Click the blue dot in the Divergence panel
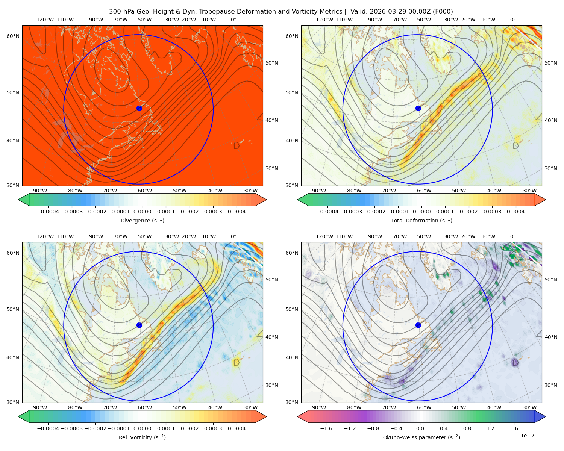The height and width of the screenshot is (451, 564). [x=139, y=108]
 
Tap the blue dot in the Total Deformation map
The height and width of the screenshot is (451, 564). [x=418, y=108]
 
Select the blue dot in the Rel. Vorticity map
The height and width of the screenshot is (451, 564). [x=139, y=325]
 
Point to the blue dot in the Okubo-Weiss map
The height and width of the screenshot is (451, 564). [x=418, y=325]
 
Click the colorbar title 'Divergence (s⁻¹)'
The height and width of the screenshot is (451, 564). [x=142, y=220]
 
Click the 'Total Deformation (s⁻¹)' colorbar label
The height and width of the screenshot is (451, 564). [x=421, y=220]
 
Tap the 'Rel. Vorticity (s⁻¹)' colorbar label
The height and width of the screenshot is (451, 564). [x=142, y=437]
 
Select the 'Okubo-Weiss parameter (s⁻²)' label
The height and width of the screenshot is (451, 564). [x=421, y=437]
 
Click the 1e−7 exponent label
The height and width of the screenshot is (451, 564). [x=527, y=436]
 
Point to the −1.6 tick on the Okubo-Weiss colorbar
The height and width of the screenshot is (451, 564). [x=326, y=428]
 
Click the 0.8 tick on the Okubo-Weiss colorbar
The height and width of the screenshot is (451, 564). [x=467, y=428]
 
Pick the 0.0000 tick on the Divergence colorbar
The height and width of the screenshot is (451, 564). [x=142, y=212]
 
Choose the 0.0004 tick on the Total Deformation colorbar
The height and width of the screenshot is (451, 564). [x=515, y=212]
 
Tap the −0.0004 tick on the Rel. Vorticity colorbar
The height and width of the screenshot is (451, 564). [x=48, y=428]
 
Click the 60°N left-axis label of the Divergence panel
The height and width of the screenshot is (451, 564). [x=13, y=36]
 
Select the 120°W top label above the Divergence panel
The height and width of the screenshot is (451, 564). [x=45, y=20]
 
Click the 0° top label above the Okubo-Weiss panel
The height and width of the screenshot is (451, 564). [x=512, y=20]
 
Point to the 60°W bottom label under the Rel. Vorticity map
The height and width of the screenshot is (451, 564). [x=145, y=407]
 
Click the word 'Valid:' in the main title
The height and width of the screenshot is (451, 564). [x=359, y=12]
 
